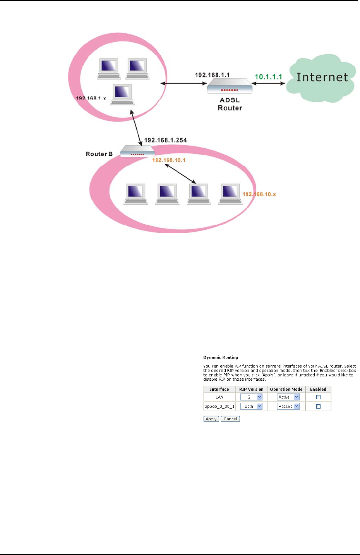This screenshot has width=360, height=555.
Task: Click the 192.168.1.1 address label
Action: [212, 75]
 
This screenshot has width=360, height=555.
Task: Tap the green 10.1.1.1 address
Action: [268, 77]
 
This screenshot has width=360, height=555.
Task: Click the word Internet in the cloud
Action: [322, 77]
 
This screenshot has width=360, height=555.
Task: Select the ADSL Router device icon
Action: [230, 86]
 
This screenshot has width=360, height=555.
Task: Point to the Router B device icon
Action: [137, 151]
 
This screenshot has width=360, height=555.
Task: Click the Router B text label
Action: [99, 154]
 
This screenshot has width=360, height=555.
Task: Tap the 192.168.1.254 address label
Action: [165, 140]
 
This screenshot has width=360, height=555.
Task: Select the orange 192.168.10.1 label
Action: [169, 160]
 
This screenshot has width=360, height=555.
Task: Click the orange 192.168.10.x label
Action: [259, 194]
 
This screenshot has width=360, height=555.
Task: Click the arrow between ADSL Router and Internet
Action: [270, 83]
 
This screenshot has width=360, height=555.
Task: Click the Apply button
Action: [211, 419]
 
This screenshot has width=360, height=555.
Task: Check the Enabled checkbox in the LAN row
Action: [318, 397]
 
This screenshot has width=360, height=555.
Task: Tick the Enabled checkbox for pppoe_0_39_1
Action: [318, 407]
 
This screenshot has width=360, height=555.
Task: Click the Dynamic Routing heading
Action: [221, 357]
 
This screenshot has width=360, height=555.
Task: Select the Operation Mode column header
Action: [286, 389]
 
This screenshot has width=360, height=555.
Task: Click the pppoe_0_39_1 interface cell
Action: [219, 407]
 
